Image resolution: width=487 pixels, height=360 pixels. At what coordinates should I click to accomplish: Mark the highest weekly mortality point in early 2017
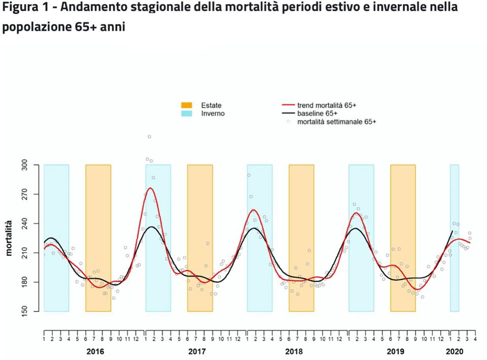click(x=149, y=137)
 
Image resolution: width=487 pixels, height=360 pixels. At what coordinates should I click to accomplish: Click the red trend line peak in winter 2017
click(x=150, y=188)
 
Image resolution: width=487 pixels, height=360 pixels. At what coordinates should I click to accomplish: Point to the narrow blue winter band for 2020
click(x=455, y=238)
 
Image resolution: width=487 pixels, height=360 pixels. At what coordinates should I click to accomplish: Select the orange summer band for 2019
click(x=403, y=238)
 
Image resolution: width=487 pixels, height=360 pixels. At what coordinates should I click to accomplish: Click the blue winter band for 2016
click(x=56, y=238)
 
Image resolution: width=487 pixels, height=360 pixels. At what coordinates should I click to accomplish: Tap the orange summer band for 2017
click(x=200, y=238)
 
